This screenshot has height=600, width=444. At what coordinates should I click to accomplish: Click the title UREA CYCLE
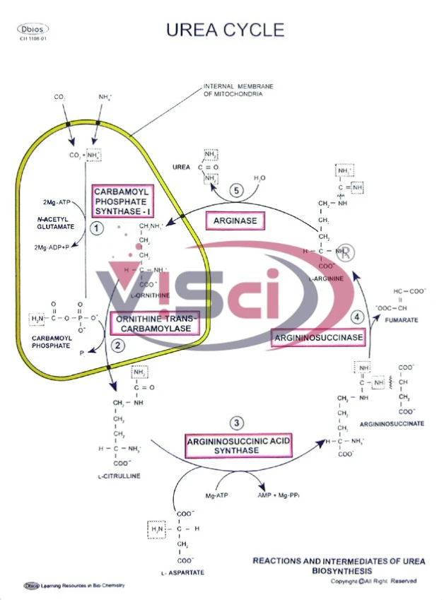pos(225,29)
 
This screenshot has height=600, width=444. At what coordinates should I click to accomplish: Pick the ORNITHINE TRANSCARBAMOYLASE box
pos(153,324)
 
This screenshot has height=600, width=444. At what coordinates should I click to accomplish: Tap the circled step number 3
pos(238,423)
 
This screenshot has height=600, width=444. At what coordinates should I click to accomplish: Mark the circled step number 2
pos(117,346)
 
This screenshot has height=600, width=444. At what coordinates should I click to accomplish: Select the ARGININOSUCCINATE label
pos(392,423)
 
